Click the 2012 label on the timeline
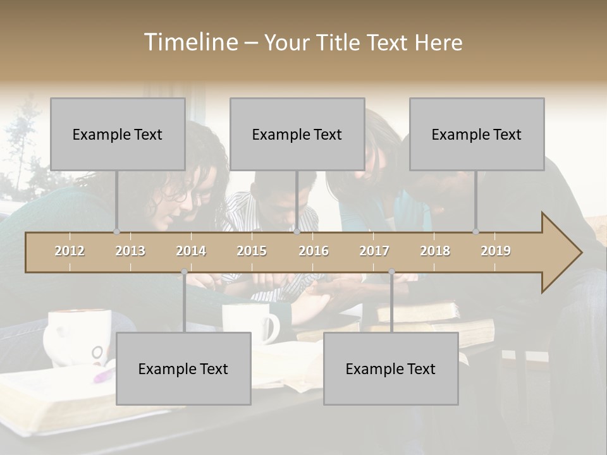coord(70,251)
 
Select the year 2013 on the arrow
coord(130,251)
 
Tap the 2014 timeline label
coord(191,251)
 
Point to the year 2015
coord(252,251)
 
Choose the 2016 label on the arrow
coord(314,251)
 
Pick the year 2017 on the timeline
coord(374,251)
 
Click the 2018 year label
coord(435,251)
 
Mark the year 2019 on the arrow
coord(496,251)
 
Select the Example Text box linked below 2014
coord(183,368)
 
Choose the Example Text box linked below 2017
coord(391,368)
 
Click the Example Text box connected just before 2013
coord(118,134)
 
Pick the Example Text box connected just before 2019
coord(477,134)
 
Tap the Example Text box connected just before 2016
coord(297,134)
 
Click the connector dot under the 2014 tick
coord(184,272)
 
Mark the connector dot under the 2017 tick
coord(391,272)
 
